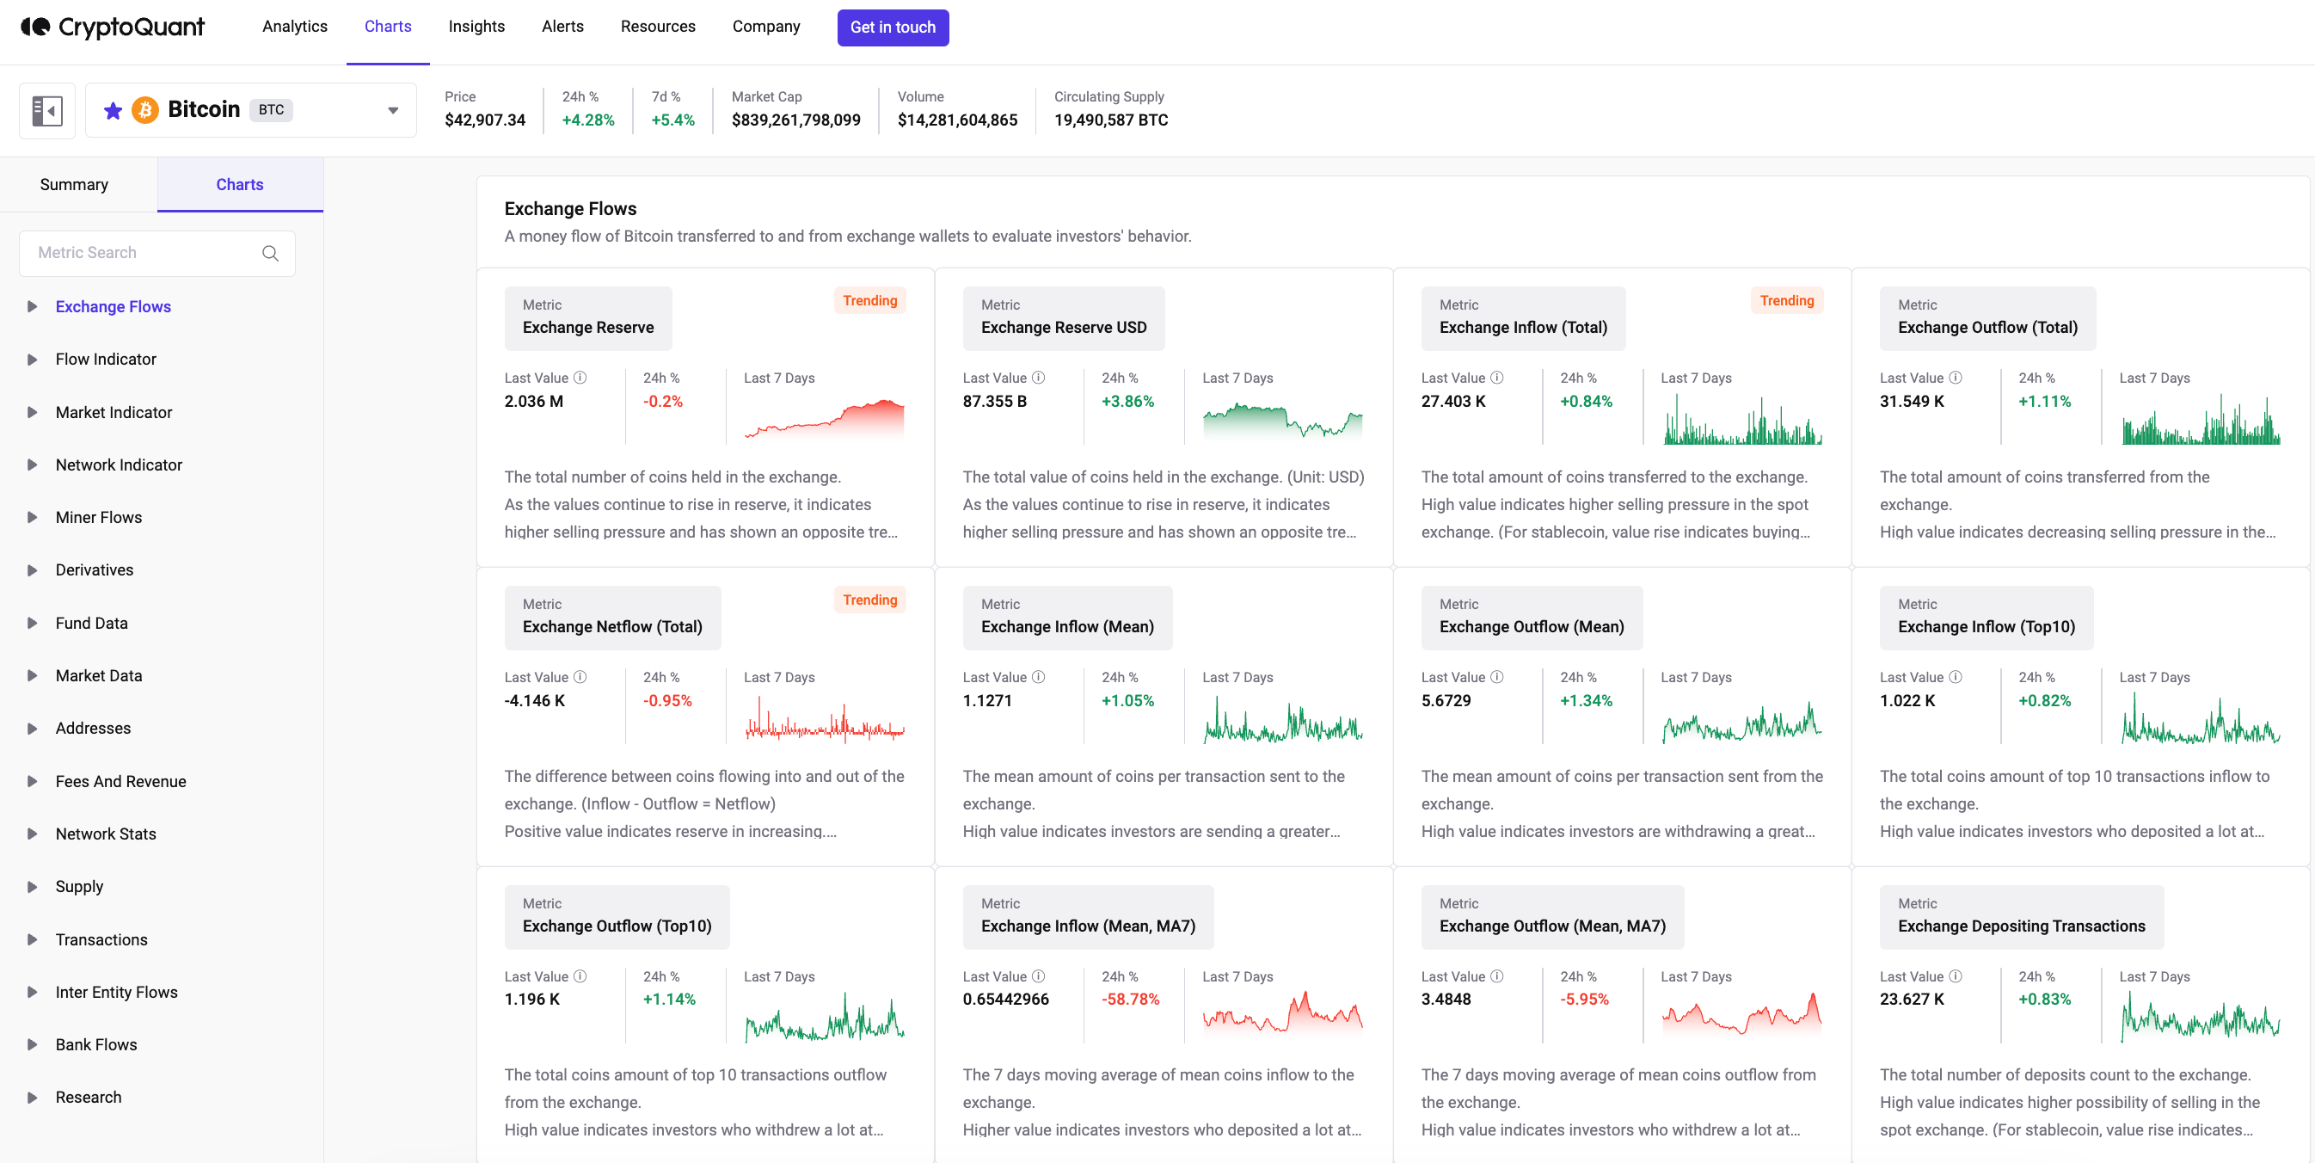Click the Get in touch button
(x=892, y=27)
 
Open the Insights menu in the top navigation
(x=476, y=27)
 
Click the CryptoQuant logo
(x=113, y=27)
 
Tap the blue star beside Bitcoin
(x=113, y=111)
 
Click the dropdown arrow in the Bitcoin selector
(x=393, y=111)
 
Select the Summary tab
(x=74, y=184)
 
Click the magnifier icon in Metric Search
(x=270, y=254)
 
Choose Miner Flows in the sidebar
(x=98, y=518)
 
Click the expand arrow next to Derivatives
(x=33, y=569)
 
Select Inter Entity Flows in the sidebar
(x=116, y=992)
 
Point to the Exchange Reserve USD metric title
(x=1063, y=328)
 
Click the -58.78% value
(x=1130, y=1000)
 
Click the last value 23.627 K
(x=1912, y=1000)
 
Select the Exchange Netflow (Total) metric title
(x=612, y=627)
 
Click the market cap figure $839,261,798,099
(x=795, y=120)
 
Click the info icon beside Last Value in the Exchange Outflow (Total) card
(x=1956, y=378)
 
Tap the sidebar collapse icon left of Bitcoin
(x=46, y=111)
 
